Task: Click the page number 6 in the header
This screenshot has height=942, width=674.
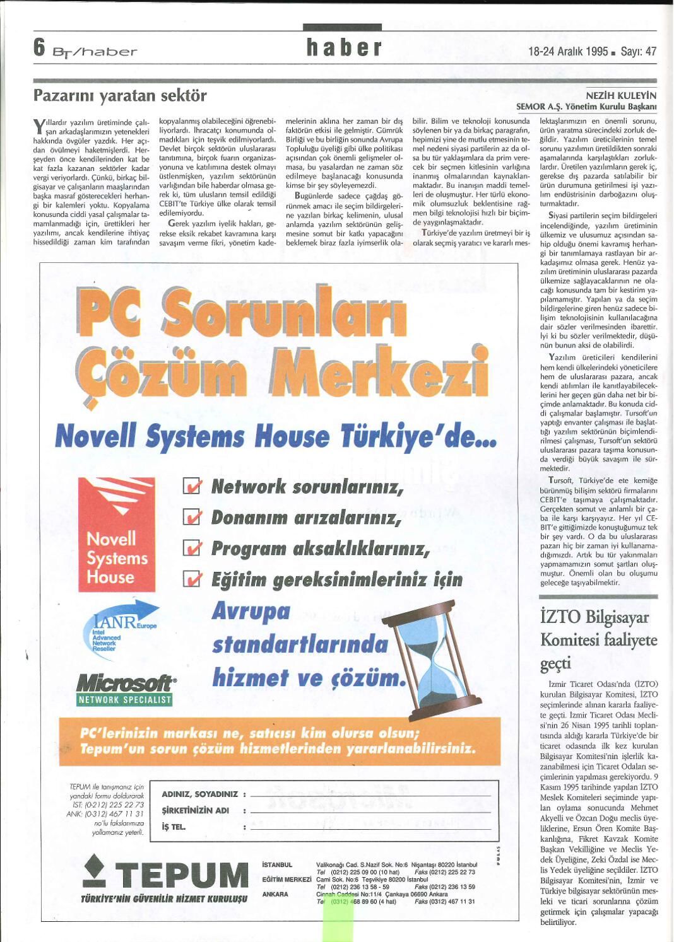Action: pyautogui.click(x=40, y=47)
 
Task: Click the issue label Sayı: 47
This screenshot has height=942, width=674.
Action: pyautogui.click(x=638, y=51)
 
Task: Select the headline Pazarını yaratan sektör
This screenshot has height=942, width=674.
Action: pyautogui.click(x=120, y=96)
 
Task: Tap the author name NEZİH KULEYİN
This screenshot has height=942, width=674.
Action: pyautogui.click(x=621, y=96)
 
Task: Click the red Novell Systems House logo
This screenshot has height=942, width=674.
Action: pyautogui.click(x=116, y=535)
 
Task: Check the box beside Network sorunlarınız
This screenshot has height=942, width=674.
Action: pyautogui.click(x=192, y=486)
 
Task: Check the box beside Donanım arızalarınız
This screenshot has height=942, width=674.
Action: pyautogui.click(x=192, y=517)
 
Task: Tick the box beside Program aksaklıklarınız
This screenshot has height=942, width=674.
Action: pyautogui.click(x=192, y=547)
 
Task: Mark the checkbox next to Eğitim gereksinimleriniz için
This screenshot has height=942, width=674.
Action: pyautogui.click(x=192, y=578)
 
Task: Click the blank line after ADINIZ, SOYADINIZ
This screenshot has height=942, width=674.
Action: pyautogui.click(x=370, y=795)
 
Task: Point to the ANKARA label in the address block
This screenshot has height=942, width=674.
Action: pyautogui.click(x=275, y=894)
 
